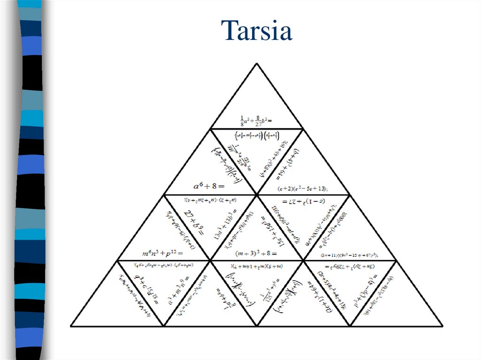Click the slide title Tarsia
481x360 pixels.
coord(258,31)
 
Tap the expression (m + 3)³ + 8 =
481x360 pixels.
coord(256,253)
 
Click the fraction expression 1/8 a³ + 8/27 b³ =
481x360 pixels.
coord(256,120)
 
